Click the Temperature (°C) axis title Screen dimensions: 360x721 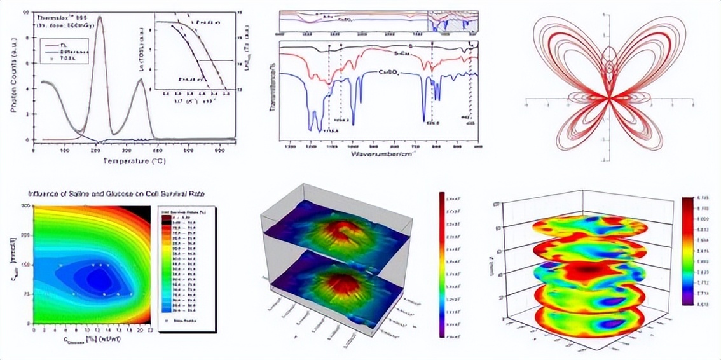[133, 161]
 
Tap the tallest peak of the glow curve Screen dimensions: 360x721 [100, 19]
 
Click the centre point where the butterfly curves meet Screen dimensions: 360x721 [608, 98]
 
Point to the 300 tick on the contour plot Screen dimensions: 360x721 [25, 205]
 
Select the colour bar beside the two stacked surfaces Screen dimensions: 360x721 [441, 264]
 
